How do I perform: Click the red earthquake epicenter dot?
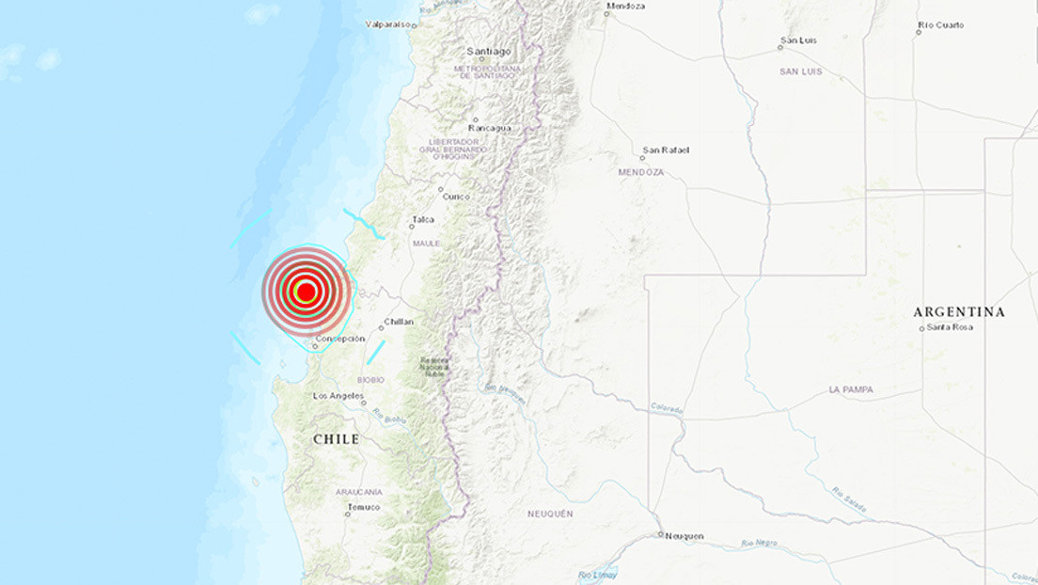(x=306, y=292)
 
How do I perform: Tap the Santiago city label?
(x=489, y=52)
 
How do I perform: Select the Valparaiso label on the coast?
(x=389, y=25)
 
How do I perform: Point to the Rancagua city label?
(x=490, y=128)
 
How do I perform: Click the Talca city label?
(x=422, y=221)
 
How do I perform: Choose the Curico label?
(x=456, y=196)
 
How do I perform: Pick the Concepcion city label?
(x=340, y=339)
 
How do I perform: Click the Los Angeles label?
(x=338, y=396)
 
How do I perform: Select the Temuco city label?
(x=363, y=508)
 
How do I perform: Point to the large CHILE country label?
(x=336, y=439)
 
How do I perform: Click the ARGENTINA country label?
(x=959, y=311)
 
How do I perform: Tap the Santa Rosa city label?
(x=950, y=327)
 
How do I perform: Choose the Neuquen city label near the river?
(x=684, y=536)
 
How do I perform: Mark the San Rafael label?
(x=666, y=150)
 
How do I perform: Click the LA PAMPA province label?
(x=851, y=389)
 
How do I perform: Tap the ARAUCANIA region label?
(x=358, y=492)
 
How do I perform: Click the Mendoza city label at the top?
(x=626, y=6)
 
